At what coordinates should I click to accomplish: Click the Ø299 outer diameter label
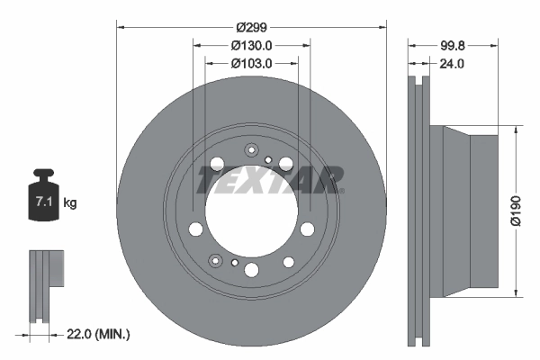(x=251, y=14)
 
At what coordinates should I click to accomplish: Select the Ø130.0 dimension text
(x=251, y=46)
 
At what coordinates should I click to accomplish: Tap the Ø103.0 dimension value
(x=251, y=64)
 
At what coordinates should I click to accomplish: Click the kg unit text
(x=70, y=203)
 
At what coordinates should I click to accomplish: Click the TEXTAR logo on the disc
(x=270, y=180)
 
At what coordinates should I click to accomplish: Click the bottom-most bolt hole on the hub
(x=251, y=270)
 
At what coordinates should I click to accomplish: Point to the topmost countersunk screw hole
(x=251, y=150)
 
